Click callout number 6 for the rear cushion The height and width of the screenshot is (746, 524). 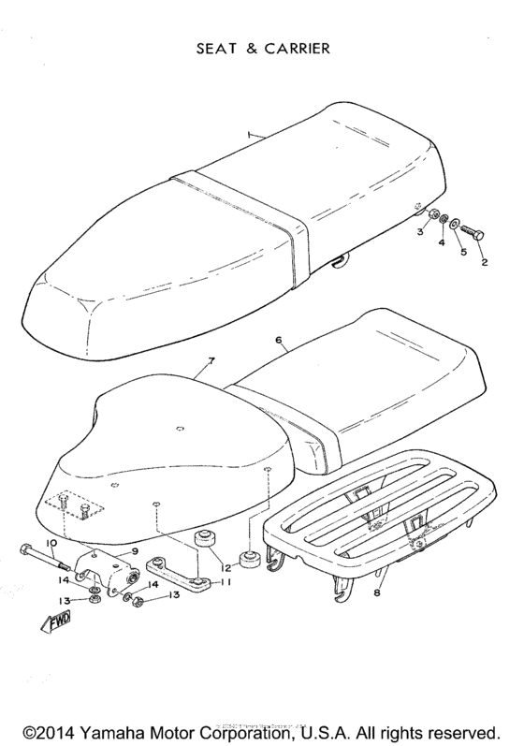coord(278,343)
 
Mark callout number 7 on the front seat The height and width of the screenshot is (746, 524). coord(211,360)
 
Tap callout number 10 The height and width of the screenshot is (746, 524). coord(52,542)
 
